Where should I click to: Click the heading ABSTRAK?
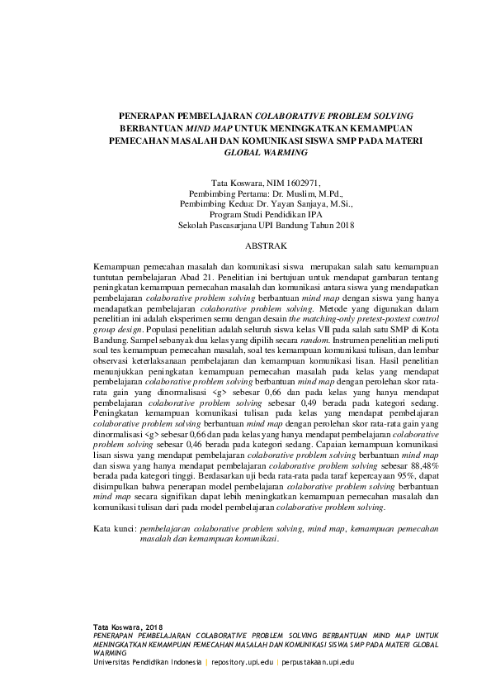coord(264,246)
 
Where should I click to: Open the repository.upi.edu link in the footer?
coord(243,663)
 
